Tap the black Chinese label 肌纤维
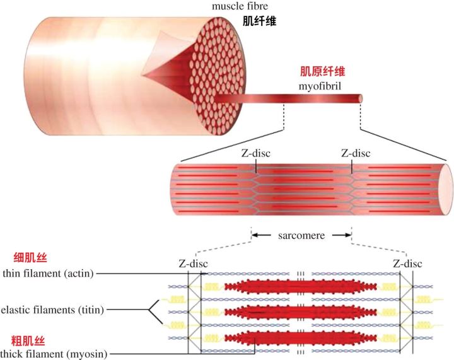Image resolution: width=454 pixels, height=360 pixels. (259, 21)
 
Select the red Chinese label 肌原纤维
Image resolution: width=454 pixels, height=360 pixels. (321, 71)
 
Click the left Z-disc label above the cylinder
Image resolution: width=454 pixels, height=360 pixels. (255, 153)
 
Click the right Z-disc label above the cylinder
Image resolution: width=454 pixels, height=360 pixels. (356, 153)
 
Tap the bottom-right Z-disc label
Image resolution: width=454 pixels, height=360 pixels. (407, 264)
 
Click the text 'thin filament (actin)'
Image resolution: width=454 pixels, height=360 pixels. (53, 273)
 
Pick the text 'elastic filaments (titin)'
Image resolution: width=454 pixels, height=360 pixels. (53, 310)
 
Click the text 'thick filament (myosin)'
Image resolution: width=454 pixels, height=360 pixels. (54, 354)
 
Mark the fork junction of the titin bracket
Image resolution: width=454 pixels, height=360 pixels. (149, 310)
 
